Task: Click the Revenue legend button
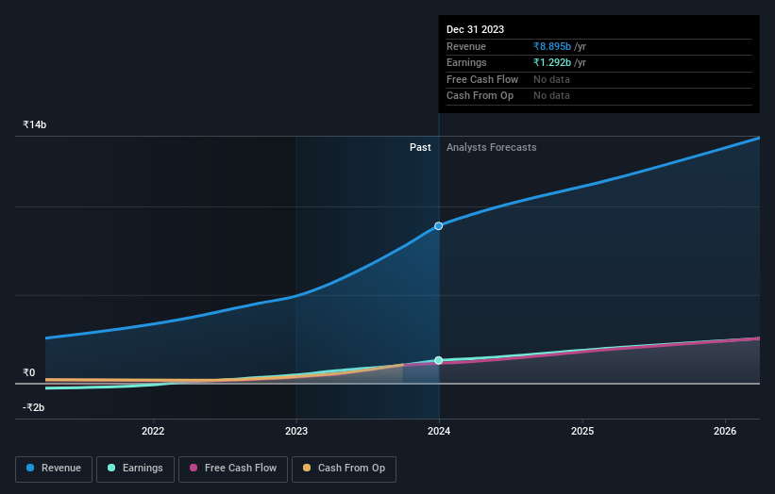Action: click(54, 469)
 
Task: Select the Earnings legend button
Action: click(134, 469)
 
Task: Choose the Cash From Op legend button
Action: click(344, 469)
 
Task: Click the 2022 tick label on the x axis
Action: click(153, 432)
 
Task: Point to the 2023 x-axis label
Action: click(296, 432)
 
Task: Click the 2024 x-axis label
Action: click(439, 432)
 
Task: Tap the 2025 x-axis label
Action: click(582, 432)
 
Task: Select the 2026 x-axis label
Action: click(725, 432)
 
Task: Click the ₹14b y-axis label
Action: click(35, 124)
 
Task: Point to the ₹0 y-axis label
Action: click(29, 372)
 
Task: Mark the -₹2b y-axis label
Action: click(34, 408)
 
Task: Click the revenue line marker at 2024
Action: click(439, 226)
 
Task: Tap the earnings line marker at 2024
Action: click(439, 360)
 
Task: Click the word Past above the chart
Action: click(420, 147)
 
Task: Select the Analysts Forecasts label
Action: click(491, 147)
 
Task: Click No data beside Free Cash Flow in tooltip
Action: click(551, 79)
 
